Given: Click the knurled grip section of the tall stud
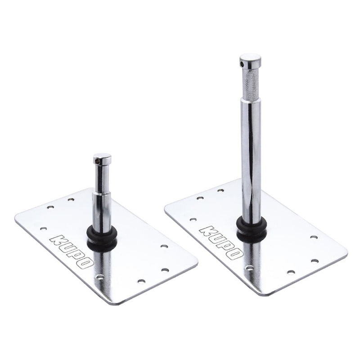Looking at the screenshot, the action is click(251, 84).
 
